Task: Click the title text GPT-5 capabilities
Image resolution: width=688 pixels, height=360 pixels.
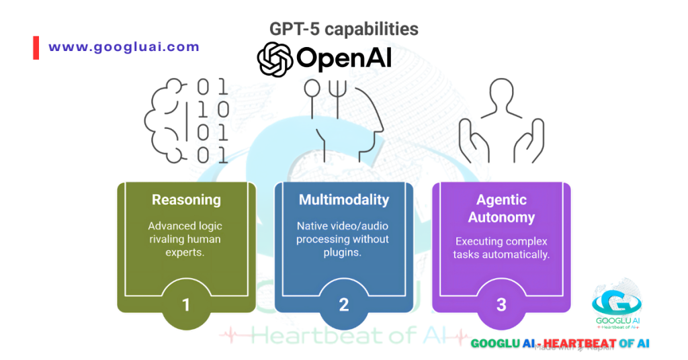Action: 343,30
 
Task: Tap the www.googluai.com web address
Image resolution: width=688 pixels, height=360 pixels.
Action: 124,47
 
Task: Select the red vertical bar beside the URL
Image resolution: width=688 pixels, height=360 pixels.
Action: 36,48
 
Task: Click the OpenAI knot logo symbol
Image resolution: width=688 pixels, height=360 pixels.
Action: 275,59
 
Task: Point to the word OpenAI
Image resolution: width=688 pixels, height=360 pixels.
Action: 343,59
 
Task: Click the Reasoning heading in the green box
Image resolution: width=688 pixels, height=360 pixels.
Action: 186,199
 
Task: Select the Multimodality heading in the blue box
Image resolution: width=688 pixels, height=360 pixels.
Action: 343,199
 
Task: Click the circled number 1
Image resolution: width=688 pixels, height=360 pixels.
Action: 186,304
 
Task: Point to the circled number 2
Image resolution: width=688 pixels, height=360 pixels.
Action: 343,304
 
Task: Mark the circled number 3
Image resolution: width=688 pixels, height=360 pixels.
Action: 501,304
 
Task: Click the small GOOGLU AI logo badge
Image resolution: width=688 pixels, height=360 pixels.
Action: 615,306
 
